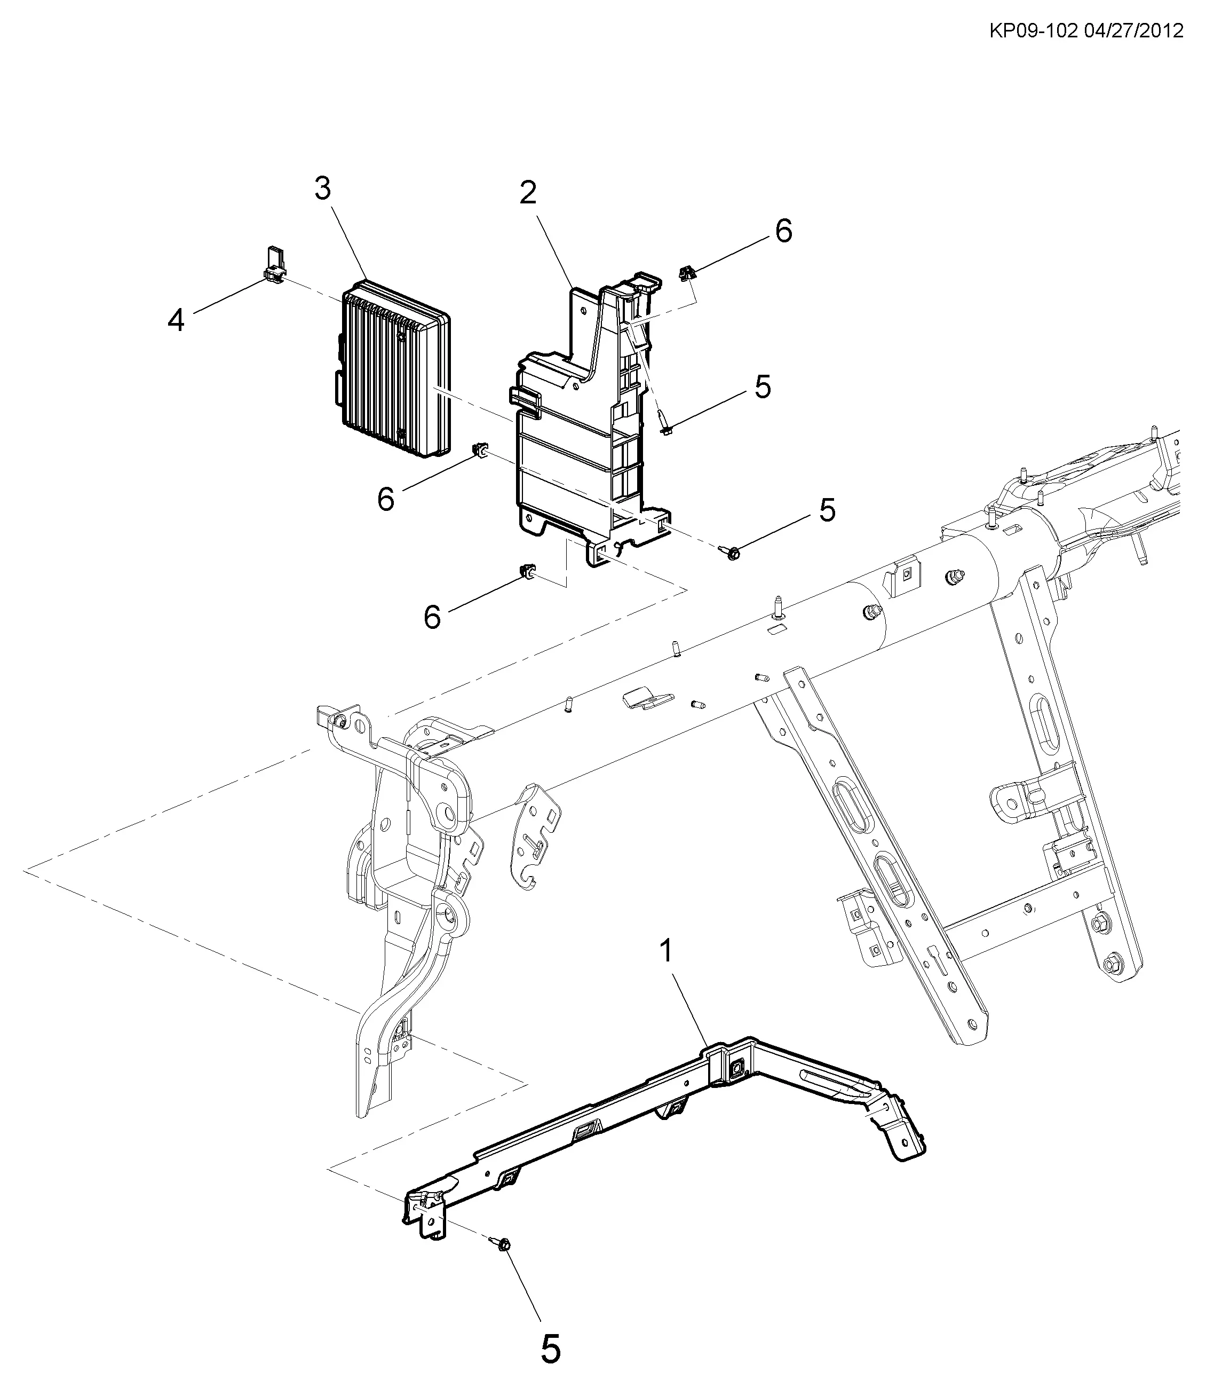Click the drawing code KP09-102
tap(1033, 31)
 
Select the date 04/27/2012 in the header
tap(1134, 31)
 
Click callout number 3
tap(323, 189)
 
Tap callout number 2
tap(528, 193)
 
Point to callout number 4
tap(176, 320)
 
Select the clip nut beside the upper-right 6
tap(688, 273)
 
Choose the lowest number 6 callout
tap(432, 617)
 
